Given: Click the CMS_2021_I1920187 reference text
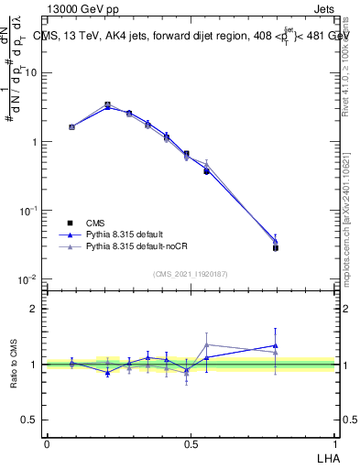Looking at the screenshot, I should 191,273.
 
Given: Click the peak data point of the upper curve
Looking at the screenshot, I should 108,104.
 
